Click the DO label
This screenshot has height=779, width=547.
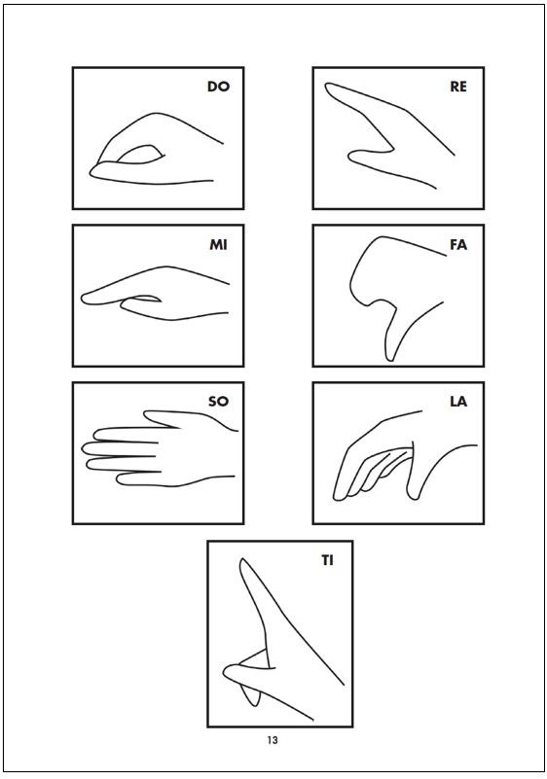click(x=218, y=87)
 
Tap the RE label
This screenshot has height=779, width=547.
click(x=458, y=87)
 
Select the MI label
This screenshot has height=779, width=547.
click(x=218, y=245)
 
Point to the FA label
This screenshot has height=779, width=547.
click(x=458, y=245)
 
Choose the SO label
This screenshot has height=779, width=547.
click(x=218, y=401)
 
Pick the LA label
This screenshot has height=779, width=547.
click(x=458, y=401)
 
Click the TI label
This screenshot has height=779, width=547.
click(x=327, y=560)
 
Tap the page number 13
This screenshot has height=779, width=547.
click(x=273, y=740)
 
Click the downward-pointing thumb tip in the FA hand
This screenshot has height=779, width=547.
click(x=390, y=359)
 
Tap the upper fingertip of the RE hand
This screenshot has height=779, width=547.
click(x=328, y=86)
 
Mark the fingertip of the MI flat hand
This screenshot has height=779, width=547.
click(x=84, y=299)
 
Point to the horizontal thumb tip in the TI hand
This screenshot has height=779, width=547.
click(x=226, y=671)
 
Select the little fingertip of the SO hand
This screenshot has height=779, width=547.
click(x=121, y=478)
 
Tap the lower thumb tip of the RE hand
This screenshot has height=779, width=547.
click(x=351, y=157)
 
